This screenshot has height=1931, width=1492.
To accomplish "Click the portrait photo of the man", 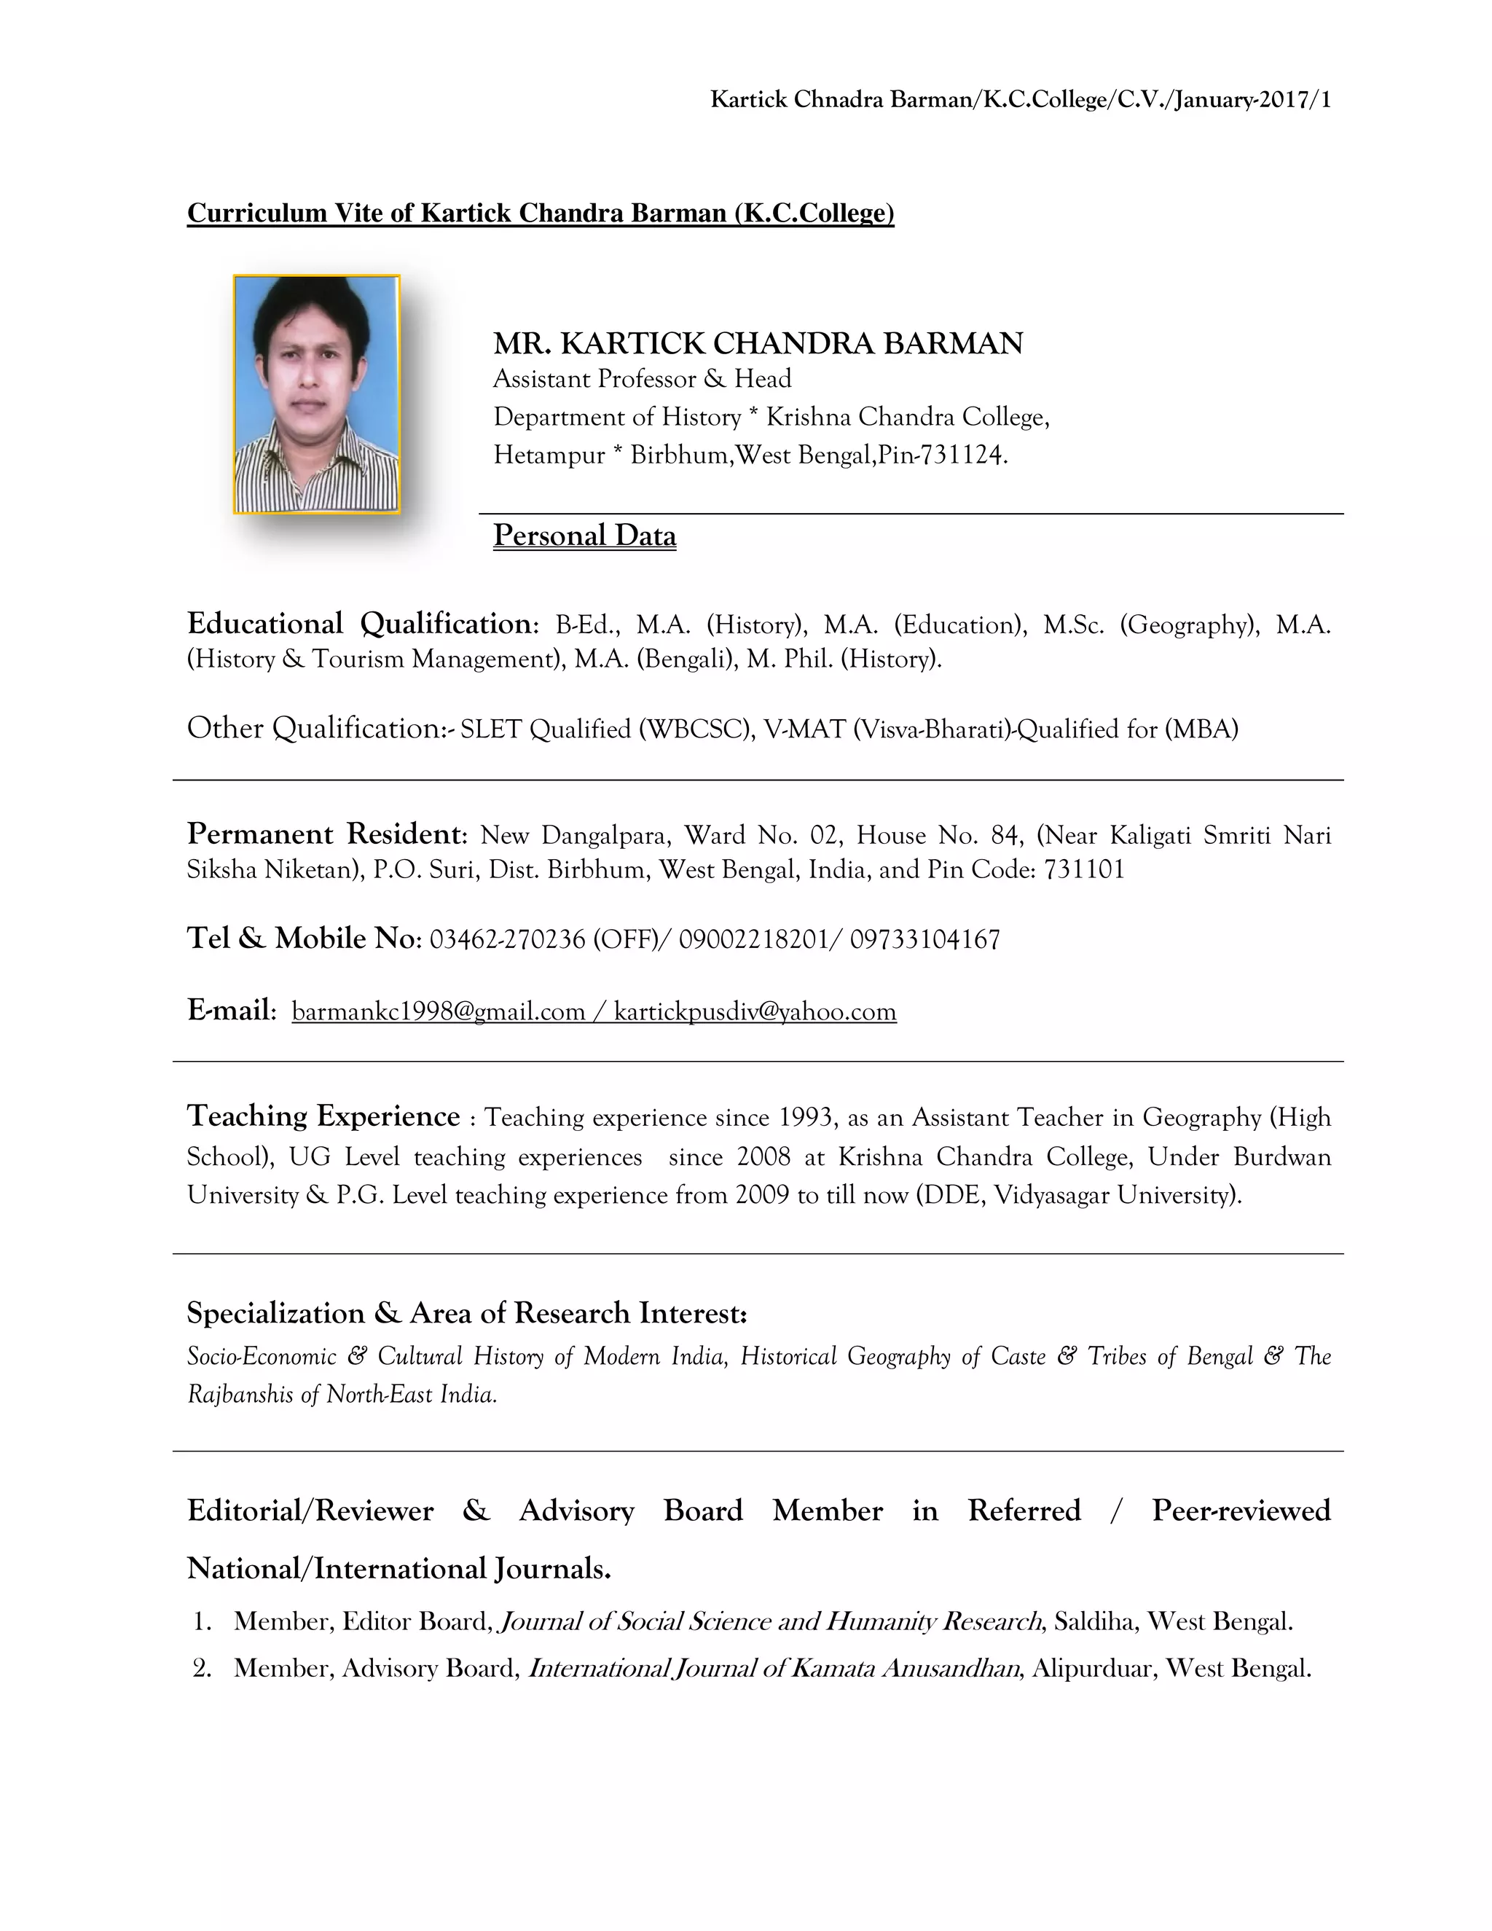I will pyautogui.click(x=316, y=394).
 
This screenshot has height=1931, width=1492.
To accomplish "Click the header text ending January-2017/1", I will pyautogui.click(x=1020, y=100).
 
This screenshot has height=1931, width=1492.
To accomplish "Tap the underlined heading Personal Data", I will pyautogui.click(x=584, y=536).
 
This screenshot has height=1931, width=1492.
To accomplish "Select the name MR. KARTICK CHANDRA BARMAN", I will pyautogui.click(x=758, y=343).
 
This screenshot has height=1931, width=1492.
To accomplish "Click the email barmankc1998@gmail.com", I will pyautogui.click(x=439, y=1011).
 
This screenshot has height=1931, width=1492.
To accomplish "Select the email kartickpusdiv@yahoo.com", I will pyautogui.click(x=755, y=1011).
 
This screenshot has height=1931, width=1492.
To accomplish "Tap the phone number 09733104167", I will pyautogui.click(x=924, y=939).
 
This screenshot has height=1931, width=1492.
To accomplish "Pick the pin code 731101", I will pyautogui.click(x=1085, y=870).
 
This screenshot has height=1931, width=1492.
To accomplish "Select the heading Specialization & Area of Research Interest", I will pyautogui.click(x=467, y=1313).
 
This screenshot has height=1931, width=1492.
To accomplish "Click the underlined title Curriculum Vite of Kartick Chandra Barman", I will pyautogui.click(x=540, y=213).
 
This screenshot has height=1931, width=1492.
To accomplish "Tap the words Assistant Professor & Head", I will pyautogui.click(x=642, y=380).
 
